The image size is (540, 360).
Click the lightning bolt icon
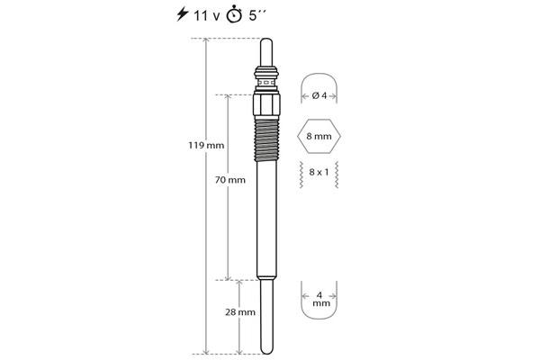183,14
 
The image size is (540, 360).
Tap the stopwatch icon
234,14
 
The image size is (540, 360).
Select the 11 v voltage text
206,16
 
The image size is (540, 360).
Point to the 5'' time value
257,15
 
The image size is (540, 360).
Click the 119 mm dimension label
206,146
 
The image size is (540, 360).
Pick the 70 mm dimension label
230,180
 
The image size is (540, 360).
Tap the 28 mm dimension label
240,312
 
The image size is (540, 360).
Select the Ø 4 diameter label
319,95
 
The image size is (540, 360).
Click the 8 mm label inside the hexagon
319,136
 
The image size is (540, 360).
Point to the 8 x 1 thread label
319,172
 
